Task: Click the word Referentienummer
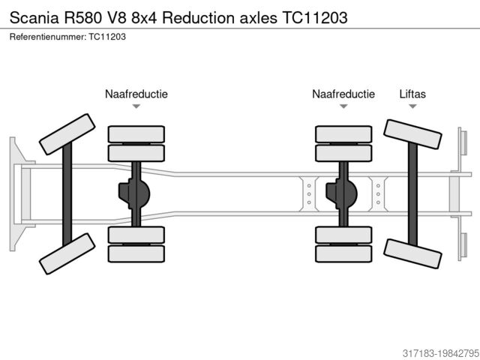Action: click(46, 36)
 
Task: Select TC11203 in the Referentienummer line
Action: click(106, 36)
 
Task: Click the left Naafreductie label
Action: click(136, 94)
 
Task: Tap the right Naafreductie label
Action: click(343, 94)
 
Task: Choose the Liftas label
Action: click(412, 94)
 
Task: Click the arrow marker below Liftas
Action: click(412, 106)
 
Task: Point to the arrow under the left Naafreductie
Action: click(136, 106)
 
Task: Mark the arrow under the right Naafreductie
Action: click(343, 106)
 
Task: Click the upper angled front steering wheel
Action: click(67, 133)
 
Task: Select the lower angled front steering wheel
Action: click(67, 253)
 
